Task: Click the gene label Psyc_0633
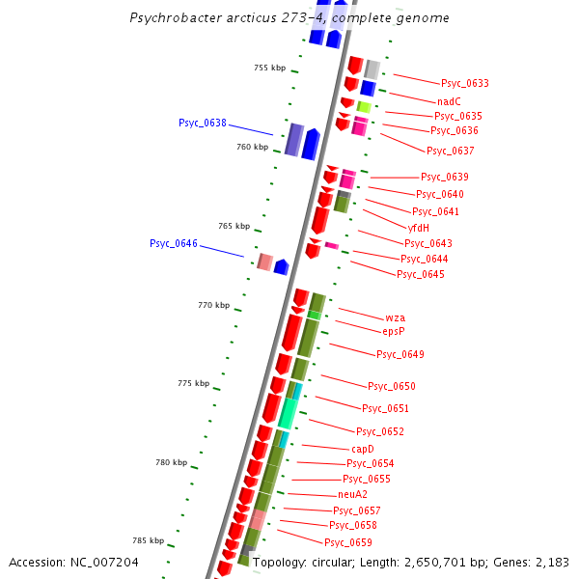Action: pyautogui.click(x=464, y=84)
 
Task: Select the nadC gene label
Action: pyautogui.click(x=449, y=101)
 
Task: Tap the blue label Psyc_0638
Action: pyautogui.click(x=203, y=123)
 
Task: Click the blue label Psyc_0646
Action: pyautogui.click(x=174, y=243)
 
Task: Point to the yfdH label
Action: pyautogui.click(x=418, y=228)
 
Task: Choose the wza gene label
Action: pyautogui.click(x=395, y=317)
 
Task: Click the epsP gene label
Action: pyautogui.click(x=393, y=331)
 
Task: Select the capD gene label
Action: pyautogui.click(x=362, y=449)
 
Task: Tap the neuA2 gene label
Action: pyautogui.click(x=352, y=494)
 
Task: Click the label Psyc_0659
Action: pyautogui.click(x=348, y=542)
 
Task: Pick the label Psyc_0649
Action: pyautogui.click(x=400, y=354)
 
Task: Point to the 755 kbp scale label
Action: pyautogui.click(x=269, y=68)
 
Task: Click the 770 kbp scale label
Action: pyautogui.click(x=213, y=305)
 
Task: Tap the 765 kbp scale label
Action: pyautogui.click(x=234, y=226)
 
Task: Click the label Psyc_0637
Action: pyautogui.click(x=451, y=151)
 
